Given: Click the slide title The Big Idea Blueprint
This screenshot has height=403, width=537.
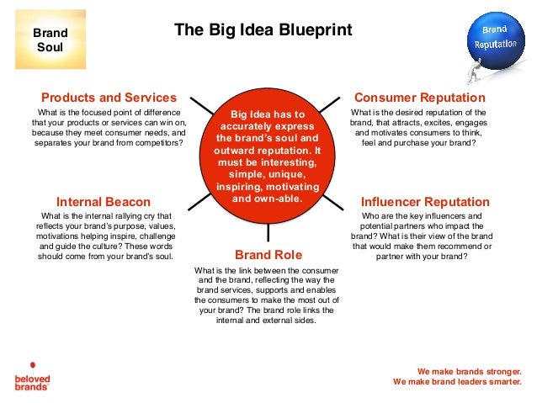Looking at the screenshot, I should click(263, 31).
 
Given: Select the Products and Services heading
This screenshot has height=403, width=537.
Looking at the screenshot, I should click(109, 98).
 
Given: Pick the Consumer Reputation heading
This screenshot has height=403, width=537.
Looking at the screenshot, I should click(419, 98).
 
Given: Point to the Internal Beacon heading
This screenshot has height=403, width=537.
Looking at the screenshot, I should click(103, 202).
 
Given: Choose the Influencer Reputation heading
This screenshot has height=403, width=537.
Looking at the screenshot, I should click(424, 202).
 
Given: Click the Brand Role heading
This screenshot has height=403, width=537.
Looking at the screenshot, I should click(268, 254).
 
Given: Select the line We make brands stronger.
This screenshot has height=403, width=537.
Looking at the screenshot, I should click(469, 370).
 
